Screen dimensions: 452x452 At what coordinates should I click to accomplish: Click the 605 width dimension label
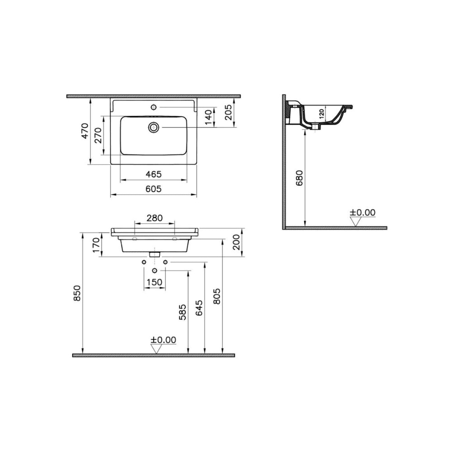click(153, 189)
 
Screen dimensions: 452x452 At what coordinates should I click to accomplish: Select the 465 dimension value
click(153, 174)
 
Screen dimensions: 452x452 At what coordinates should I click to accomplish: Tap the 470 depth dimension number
click(85, 131)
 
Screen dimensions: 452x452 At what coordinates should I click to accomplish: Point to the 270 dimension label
click(98, 135)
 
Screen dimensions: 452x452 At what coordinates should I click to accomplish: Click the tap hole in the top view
click(154, 107)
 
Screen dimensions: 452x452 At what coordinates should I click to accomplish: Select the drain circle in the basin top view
click(154, 127)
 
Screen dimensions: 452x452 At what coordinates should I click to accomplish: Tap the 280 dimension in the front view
click(155, 218)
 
